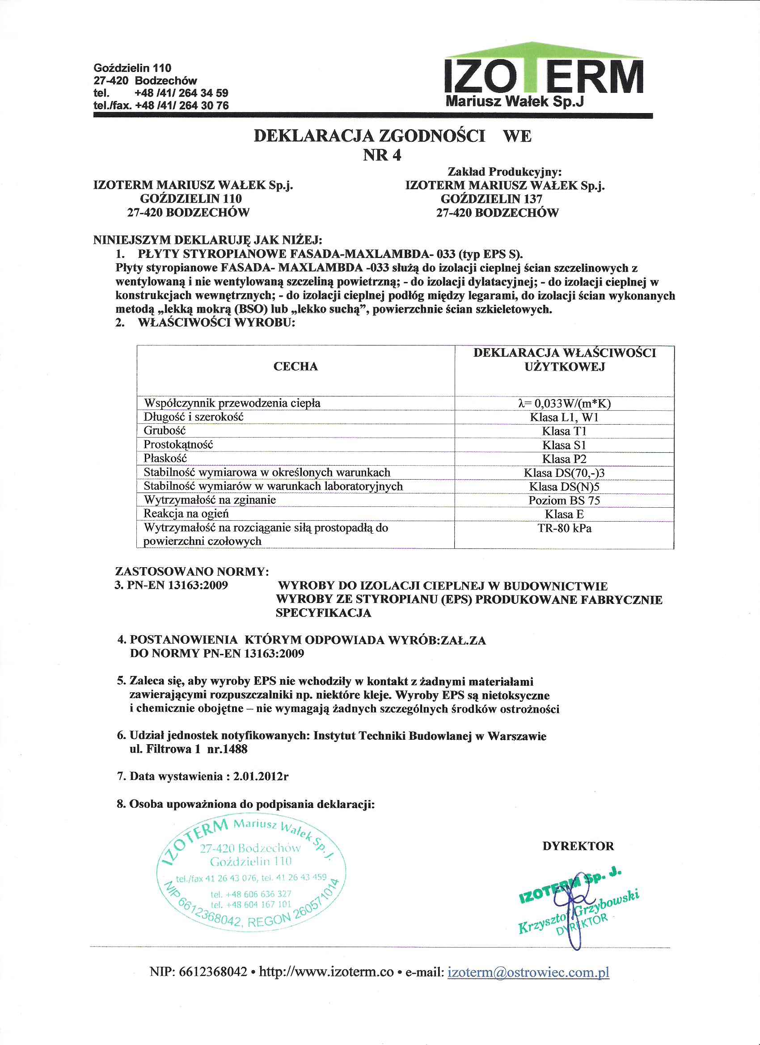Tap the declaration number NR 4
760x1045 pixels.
(x=382, y=156)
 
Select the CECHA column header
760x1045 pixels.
(x=296, y=367)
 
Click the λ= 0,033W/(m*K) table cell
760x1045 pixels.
(x=564, y=404)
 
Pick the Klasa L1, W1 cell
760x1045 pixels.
(x=564, y=417)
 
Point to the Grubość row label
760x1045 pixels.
(x=165, y=431)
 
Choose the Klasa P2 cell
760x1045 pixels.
(x=564, y=459)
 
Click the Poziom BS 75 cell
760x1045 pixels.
(x=564, y=501)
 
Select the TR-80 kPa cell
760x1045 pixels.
(x=564, y=528)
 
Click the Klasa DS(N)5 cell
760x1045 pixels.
(x=564, y=487)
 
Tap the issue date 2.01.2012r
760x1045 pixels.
(x=261, y=776)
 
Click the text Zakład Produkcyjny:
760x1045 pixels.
(x=505, y=172)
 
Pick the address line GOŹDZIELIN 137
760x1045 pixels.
(x=491, y=199)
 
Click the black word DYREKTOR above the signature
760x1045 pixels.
(x=578, y=846)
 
